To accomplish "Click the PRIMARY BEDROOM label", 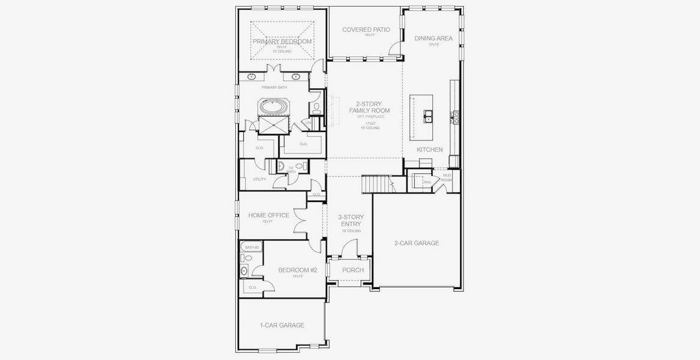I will (282, 41).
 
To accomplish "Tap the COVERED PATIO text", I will (366, 29).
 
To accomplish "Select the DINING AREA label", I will (433, 38).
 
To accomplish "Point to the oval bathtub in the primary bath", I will (273, 107).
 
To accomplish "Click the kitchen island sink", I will (429, 115).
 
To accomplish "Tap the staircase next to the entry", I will (373, 184).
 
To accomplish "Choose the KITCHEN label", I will (430, 149).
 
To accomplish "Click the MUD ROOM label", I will (447, 178).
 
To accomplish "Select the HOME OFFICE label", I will (269, 215).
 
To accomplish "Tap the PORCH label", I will (353, 270).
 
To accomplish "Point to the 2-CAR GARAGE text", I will (417, 243).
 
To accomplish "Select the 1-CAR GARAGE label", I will (282, 325).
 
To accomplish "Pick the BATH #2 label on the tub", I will (252, 247).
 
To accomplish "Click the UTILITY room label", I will (259, 179).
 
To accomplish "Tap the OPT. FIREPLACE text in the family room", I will (370, 116).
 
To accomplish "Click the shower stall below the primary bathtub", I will (273, 125).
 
